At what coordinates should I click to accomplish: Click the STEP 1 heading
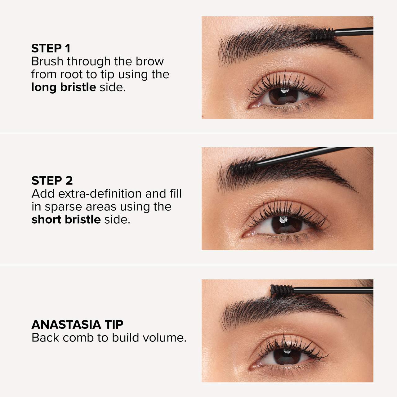click(x=51, y=48)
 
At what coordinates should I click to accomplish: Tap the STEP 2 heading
click(x=52, y=181)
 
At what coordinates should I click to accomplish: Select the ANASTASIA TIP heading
click(x=77, y=324)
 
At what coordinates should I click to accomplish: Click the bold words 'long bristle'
click(x=63, y=87)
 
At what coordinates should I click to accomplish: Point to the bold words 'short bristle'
click(x=66, y=220)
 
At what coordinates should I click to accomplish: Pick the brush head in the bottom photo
click(x=282, y=290)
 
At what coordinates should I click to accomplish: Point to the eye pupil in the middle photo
click(x=284, y=224)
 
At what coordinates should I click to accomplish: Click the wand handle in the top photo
click(x=354, y=31)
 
